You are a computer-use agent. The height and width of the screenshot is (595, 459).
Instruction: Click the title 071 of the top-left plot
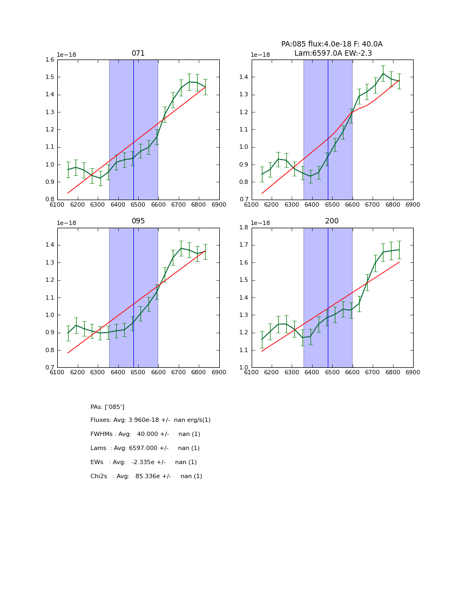click(138, 54)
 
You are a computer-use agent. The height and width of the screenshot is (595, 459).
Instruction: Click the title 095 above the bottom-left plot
click(138, 221)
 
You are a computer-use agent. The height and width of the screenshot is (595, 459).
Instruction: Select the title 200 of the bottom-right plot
click(332, 221)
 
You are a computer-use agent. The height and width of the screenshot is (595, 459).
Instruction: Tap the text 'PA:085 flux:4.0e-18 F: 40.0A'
click(332, 44)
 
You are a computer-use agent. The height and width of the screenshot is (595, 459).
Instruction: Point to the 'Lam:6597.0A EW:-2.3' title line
click(332, 53)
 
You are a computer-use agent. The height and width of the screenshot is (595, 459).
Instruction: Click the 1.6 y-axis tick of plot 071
click(49, 60)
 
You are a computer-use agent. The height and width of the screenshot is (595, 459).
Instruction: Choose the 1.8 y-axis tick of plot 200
click(244, 228)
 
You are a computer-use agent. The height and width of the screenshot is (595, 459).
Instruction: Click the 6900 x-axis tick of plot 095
click(219, 372)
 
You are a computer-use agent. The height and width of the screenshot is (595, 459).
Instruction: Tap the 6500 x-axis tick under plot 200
click(332, 372)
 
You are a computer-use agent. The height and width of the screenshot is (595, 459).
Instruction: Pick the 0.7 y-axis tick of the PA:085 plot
click(244, 200)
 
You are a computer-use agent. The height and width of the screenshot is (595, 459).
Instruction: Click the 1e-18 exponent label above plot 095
click(66, 223)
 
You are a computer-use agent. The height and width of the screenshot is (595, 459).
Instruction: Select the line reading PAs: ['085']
click(107, 407)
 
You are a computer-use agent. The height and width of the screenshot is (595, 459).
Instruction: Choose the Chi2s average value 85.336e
click(152, 477)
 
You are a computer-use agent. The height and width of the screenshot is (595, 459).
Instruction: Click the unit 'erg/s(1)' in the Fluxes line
click(197, 420)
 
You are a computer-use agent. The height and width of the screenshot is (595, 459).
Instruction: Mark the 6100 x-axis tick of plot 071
click(57, 204)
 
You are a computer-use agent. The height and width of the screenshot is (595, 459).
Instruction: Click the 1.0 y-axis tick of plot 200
click(244, 368)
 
